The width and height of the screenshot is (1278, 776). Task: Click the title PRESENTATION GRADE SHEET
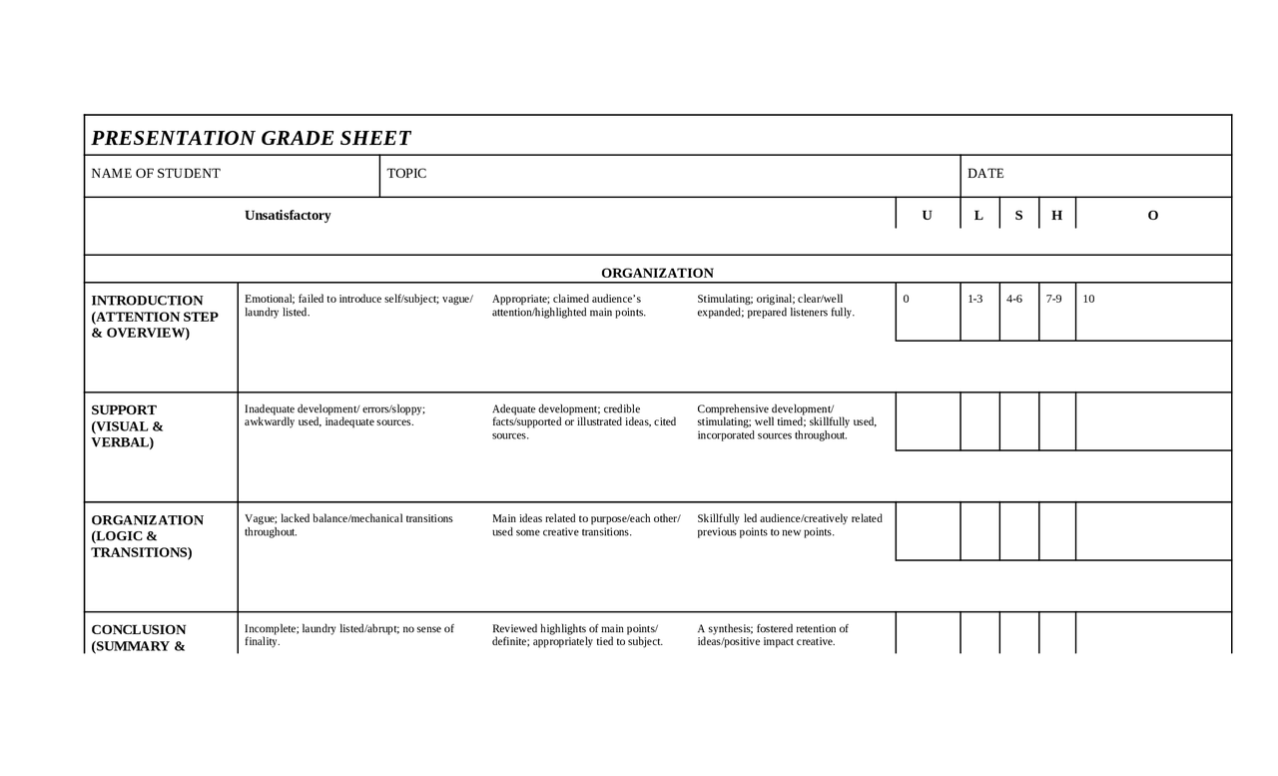tap(251, 138)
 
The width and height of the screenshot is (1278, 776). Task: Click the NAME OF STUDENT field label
tap(156, 174)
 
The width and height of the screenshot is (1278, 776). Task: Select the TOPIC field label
tap(406, 174)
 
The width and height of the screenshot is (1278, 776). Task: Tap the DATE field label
tap(985, 174)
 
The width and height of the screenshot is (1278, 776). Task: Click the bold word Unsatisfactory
tap(288, 216)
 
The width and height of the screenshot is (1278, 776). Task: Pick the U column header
tap(927, 216)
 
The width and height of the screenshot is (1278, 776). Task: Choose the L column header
tap(978, 216)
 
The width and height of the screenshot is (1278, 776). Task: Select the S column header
tap(1018, 216)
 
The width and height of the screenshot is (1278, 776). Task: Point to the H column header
tap(1056, 216)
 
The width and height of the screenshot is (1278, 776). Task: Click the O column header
tap(1153, 216)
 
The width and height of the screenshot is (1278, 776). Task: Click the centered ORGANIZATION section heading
tap(657, 274)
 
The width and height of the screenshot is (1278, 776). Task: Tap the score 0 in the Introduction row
tap(906, 299)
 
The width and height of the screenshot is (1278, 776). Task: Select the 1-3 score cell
tap(975, 299)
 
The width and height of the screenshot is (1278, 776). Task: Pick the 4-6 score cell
tap(1014, 299)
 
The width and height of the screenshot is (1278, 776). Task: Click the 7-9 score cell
tap(1054, 299)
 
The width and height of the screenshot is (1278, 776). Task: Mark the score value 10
tap(1088, 299)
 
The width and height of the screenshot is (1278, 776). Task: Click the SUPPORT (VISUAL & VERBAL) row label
tap(127, 426)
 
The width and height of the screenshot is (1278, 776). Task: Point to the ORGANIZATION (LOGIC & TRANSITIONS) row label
tap(147, 536)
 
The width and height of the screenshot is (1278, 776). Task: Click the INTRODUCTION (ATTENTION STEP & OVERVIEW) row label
tap(154, 317)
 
